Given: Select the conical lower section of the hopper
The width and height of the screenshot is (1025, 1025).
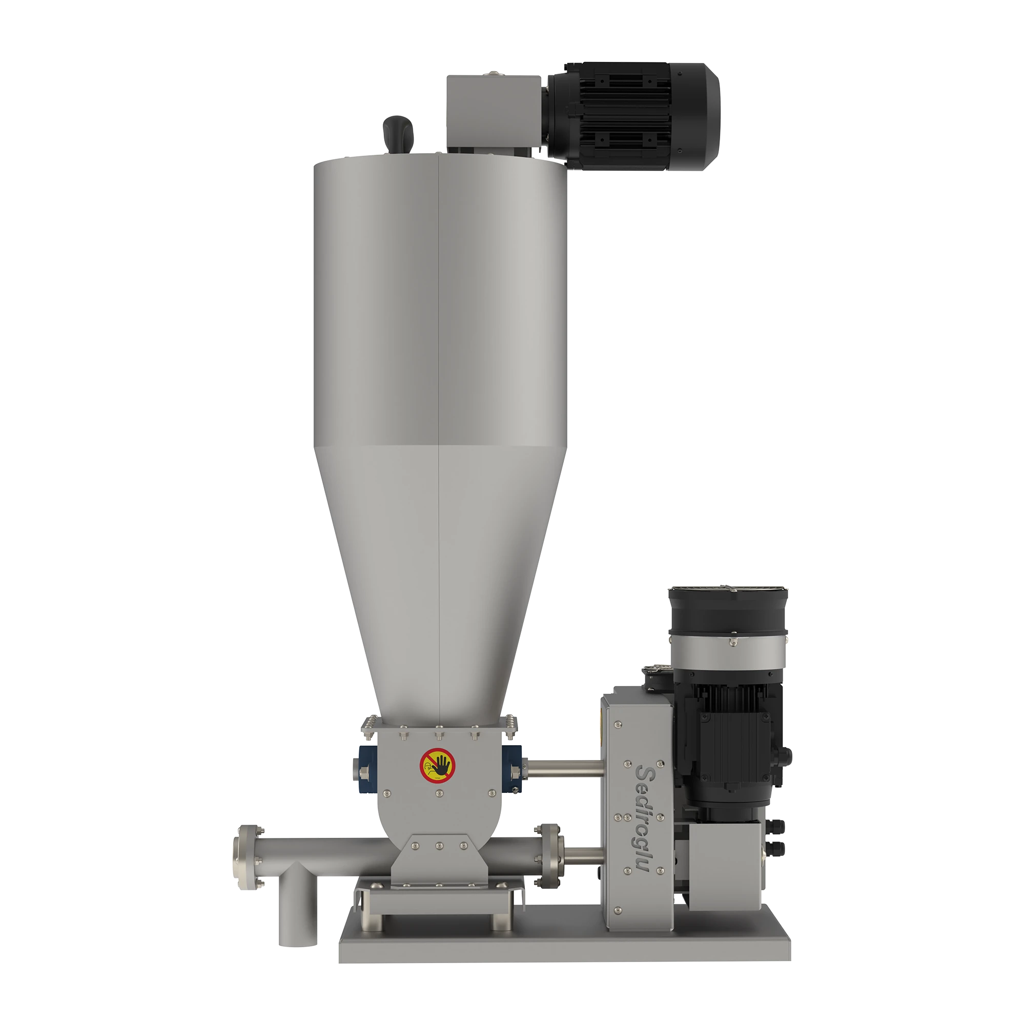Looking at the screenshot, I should tap(439, 573).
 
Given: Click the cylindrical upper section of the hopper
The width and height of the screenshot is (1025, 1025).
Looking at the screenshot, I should tap(439, 302).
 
